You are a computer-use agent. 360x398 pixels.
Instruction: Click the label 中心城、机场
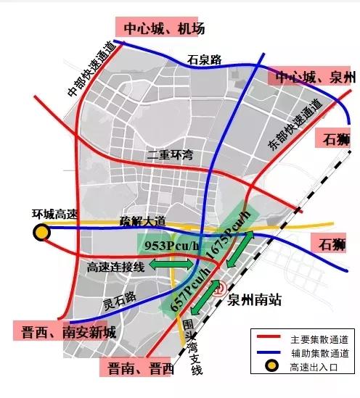[164, 28]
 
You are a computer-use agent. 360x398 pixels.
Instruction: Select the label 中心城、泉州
[312, 78]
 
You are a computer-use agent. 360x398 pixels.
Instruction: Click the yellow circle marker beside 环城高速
[41, 232]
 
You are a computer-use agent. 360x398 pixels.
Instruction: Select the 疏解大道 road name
[144, 221]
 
